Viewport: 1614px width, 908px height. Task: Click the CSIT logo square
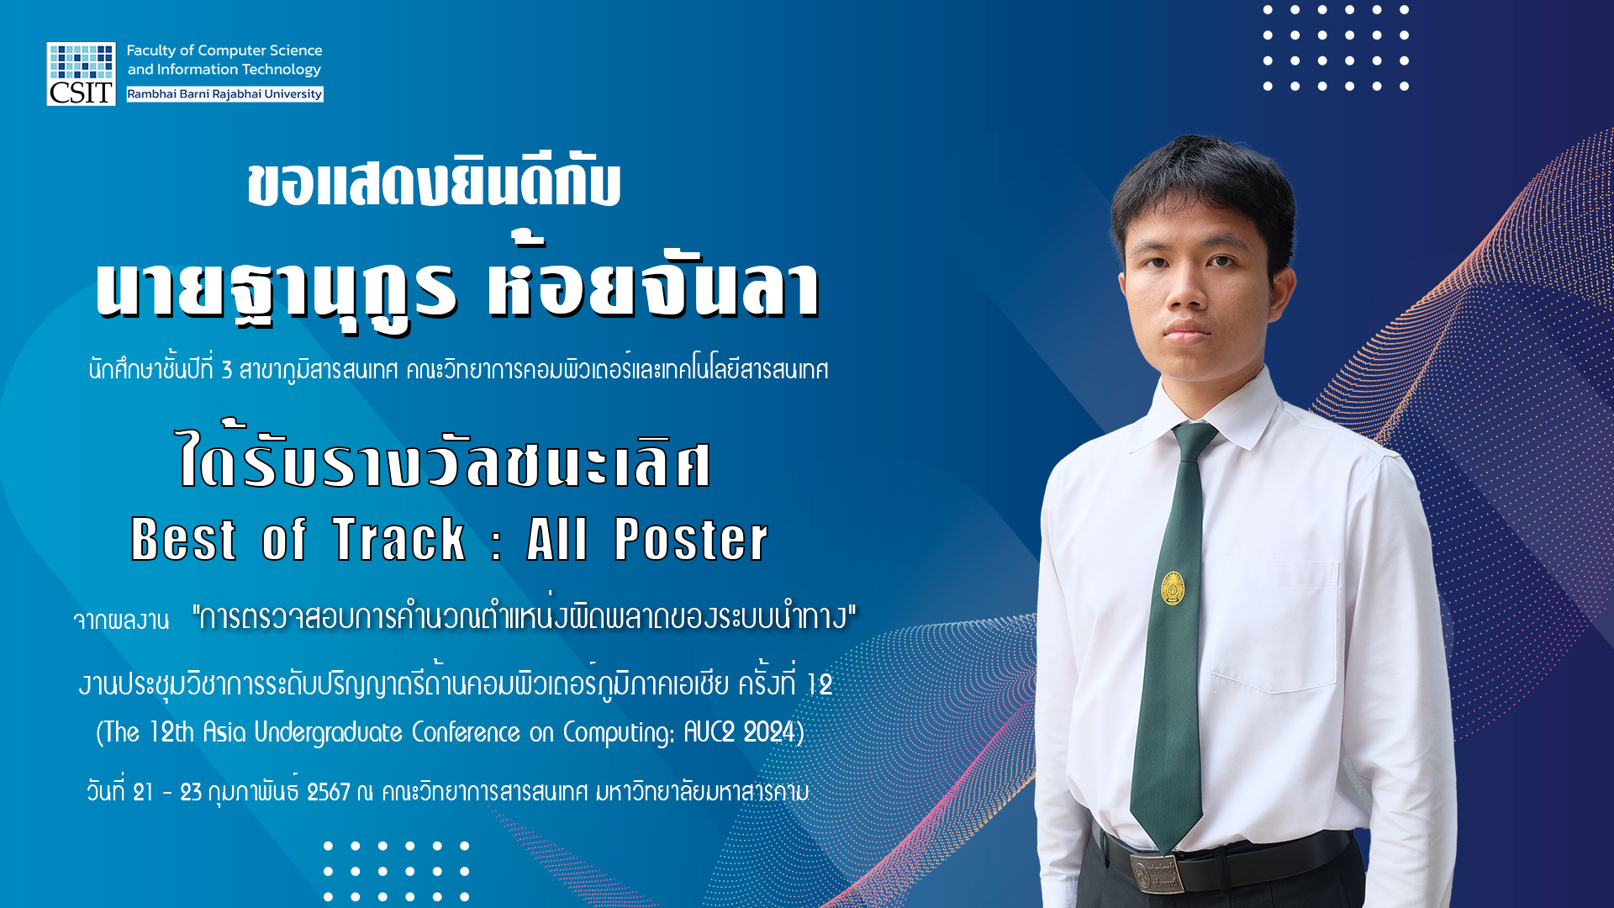coord(81,74)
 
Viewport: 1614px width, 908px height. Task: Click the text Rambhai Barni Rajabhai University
coord(224,94)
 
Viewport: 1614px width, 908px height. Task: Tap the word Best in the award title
coord(183,539)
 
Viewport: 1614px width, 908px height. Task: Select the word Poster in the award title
coord(691,539)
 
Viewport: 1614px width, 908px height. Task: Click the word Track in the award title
coord(399,539)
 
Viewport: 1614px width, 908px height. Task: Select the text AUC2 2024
coord(740,732)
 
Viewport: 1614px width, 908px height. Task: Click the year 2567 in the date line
coord(328,792)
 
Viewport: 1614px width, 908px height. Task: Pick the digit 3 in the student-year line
coord(227,370)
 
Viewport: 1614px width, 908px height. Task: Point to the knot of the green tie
coord(1195,438)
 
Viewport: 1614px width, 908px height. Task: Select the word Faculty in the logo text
coord(150,50)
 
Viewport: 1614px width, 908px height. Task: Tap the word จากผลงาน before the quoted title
coord(121,620)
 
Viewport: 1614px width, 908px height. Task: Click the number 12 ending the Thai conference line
coord(820,684)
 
